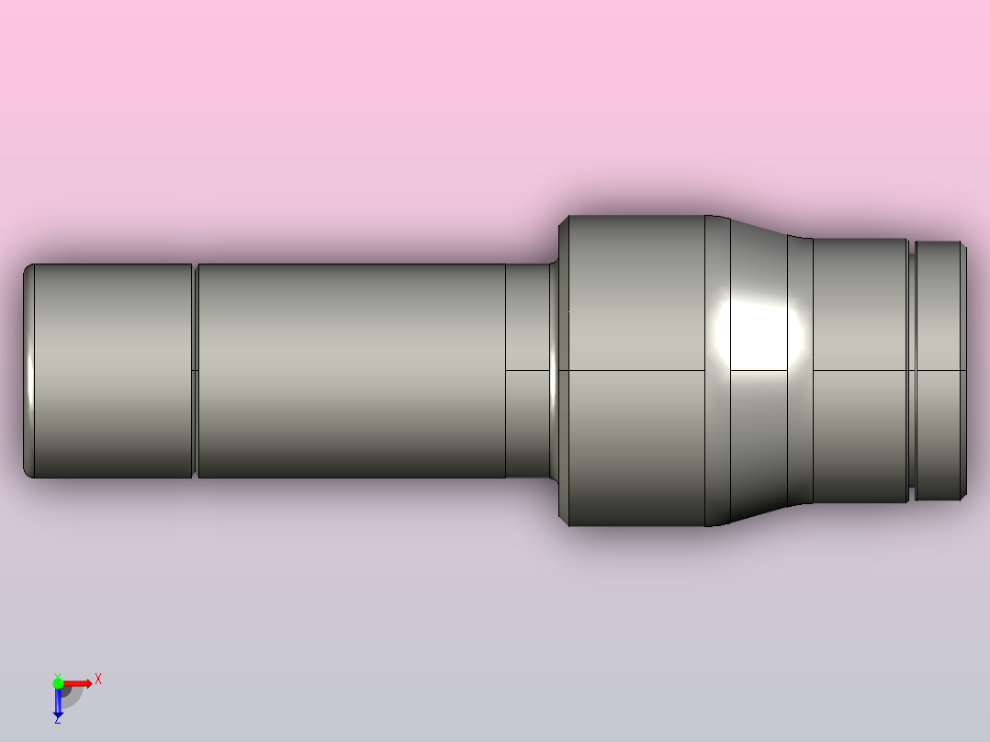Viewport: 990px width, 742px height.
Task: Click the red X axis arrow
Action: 79,683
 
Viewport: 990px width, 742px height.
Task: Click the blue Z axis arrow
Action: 58,703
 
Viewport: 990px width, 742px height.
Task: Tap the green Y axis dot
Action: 58,683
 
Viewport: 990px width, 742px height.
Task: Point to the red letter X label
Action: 97,680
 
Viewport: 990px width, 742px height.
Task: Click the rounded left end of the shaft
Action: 28,371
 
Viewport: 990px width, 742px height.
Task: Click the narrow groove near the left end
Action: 196,371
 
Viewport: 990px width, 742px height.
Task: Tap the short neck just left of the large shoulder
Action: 527,371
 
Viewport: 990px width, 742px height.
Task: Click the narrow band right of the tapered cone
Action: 801,371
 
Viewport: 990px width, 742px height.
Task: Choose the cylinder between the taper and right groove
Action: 860,371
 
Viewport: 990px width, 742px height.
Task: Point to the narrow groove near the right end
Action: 912,371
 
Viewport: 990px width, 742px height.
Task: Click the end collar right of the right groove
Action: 939,371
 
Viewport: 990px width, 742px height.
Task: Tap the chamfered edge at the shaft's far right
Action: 964,371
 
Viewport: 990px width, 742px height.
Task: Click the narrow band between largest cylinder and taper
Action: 717,371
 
